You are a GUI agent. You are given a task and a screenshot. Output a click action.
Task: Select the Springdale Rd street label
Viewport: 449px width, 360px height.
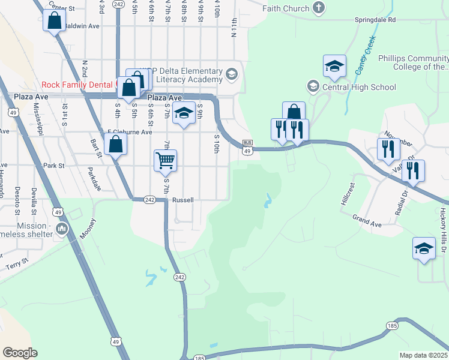(x=375, y=20)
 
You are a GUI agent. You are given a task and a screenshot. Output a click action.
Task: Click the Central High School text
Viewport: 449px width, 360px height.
(x=359, y=87)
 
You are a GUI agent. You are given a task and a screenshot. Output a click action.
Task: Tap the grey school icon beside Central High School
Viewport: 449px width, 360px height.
(x=313, y=87)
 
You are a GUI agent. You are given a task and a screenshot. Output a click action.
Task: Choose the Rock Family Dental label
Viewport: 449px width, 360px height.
(x=76, y=85)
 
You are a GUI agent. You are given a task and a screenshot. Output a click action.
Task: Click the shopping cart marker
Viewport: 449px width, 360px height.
(x=165, y=160)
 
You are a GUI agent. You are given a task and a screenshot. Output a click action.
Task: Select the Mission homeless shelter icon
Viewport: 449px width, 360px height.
(x=62, y=229)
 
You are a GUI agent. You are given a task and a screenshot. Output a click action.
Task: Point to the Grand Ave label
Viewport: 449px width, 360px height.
(x=367, y=220)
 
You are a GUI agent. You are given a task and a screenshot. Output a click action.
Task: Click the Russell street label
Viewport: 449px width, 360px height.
(x=182, y=200)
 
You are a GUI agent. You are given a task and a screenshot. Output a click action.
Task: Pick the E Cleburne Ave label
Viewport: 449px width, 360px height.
(x=130, y=132)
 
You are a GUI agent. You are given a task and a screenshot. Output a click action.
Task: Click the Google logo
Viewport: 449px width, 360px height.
(x=20, y=352)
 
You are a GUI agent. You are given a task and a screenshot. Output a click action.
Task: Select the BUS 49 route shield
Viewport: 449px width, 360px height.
(x=247, y=148)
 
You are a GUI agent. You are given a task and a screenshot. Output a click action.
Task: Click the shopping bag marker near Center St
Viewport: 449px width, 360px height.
(x=55, y=21)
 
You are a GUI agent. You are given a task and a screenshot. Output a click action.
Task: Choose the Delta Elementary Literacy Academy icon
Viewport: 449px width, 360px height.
(x=232, y=74)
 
